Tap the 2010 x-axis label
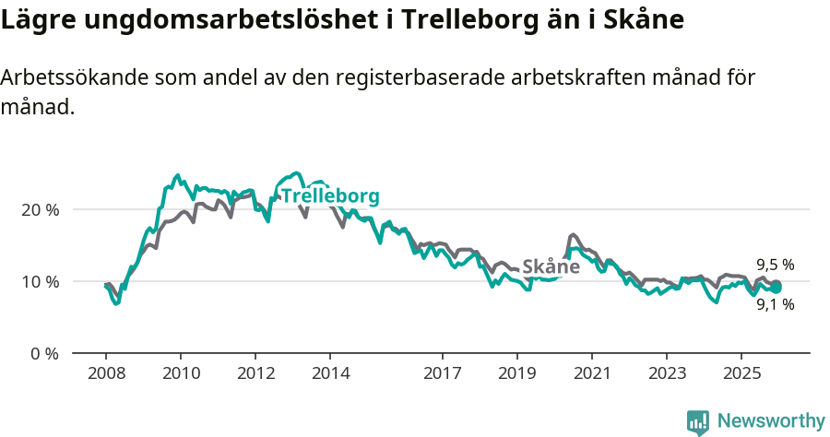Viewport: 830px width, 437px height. (x=180, y=373)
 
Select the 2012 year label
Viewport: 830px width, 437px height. (x=255, y=373)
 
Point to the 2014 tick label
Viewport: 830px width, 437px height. (x=330, y=373)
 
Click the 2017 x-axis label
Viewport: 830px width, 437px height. (x=443, y=373)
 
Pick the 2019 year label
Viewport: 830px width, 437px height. (x=517, y=373)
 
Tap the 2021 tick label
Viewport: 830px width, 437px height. (x=592, y=373)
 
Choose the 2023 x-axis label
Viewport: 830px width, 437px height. (x=668, y=373)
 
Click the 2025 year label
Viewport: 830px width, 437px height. (x=742, y=373)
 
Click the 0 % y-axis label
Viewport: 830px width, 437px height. (x=44, y=353)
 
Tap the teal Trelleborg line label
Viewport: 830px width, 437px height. (x=329, y=196)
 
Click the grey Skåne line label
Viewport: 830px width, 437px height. (x=551, y=266)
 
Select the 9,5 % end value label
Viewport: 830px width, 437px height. (x=775, y=265)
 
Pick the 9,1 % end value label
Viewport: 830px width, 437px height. (x=775, y=304)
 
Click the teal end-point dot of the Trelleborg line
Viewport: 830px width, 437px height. (x=777, y=288)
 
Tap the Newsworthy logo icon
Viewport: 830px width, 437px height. (x=698, y=421)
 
